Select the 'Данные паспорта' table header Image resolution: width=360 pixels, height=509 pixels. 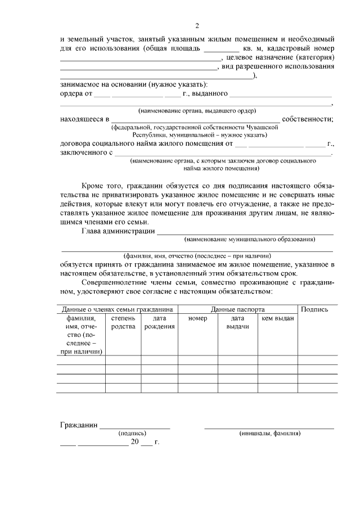[238, 309]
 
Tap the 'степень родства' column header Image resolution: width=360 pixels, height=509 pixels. [123, 323]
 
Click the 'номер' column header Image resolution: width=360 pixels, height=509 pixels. [198, 319]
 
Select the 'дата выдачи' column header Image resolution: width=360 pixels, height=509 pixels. [238, 323]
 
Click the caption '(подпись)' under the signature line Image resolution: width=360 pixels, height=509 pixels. [132, 434]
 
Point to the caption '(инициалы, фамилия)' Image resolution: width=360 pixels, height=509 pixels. [269, 434]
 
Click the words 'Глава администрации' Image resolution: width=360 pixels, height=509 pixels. [118, 231]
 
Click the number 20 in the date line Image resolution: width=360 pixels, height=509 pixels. [134, 442]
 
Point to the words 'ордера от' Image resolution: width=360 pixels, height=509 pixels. [76, 93]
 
